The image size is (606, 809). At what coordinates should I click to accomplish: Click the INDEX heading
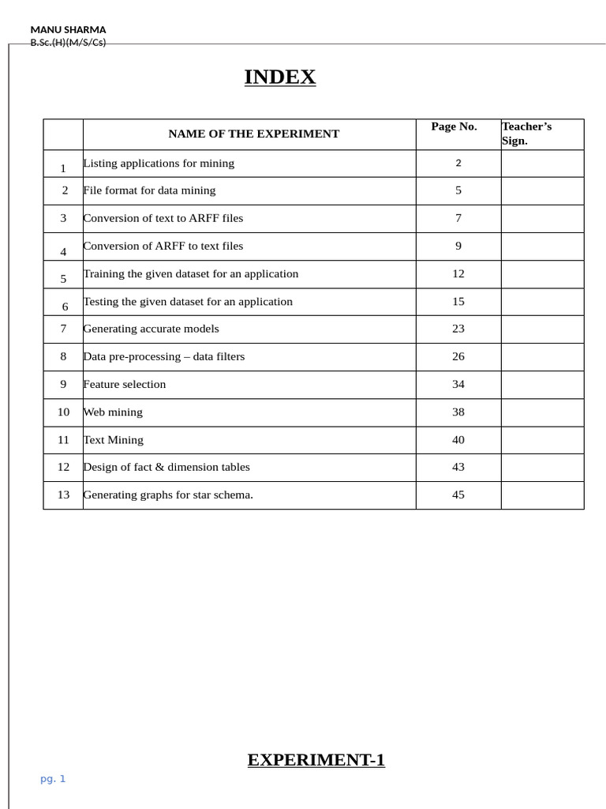point(279,77)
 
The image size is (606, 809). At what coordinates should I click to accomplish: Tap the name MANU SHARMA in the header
point(68,29)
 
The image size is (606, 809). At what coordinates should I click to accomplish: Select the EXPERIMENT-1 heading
point(316,760)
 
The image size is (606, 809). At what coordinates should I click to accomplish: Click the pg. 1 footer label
point(53,779)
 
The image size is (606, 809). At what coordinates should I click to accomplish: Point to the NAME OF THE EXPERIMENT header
point(253,134)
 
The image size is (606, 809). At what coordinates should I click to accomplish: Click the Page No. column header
point(454,126)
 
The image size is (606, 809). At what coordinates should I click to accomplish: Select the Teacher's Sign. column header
point(526,134)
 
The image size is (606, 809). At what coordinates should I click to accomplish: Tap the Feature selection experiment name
point(125,385)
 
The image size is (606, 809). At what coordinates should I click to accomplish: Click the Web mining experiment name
point(113,412)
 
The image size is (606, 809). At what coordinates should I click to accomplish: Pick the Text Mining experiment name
point(114,440)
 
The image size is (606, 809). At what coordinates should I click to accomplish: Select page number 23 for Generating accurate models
point(458,329)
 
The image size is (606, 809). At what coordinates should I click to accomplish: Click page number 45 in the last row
point(458,495)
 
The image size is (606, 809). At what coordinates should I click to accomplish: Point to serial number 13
point(63,495)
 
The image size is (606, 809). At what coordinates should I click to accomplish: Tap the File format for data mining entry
point(149,190)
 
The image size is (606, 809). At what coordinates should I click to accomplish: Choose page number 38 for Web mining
point(458,412)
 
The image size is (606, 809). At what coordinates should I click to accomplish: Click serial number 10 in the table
point(63,412)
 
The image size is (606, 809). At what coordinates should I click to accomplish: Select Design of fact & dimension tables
point(166,467)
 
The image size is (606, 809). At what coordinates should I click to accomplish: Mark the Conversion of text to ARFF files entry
point(163,218)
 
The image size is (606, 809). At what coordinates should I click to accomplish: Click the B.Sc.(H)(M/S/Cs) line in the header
point(68,43)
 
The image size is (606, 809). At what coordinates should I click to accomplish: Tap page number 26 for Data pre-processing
point(458,356)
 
